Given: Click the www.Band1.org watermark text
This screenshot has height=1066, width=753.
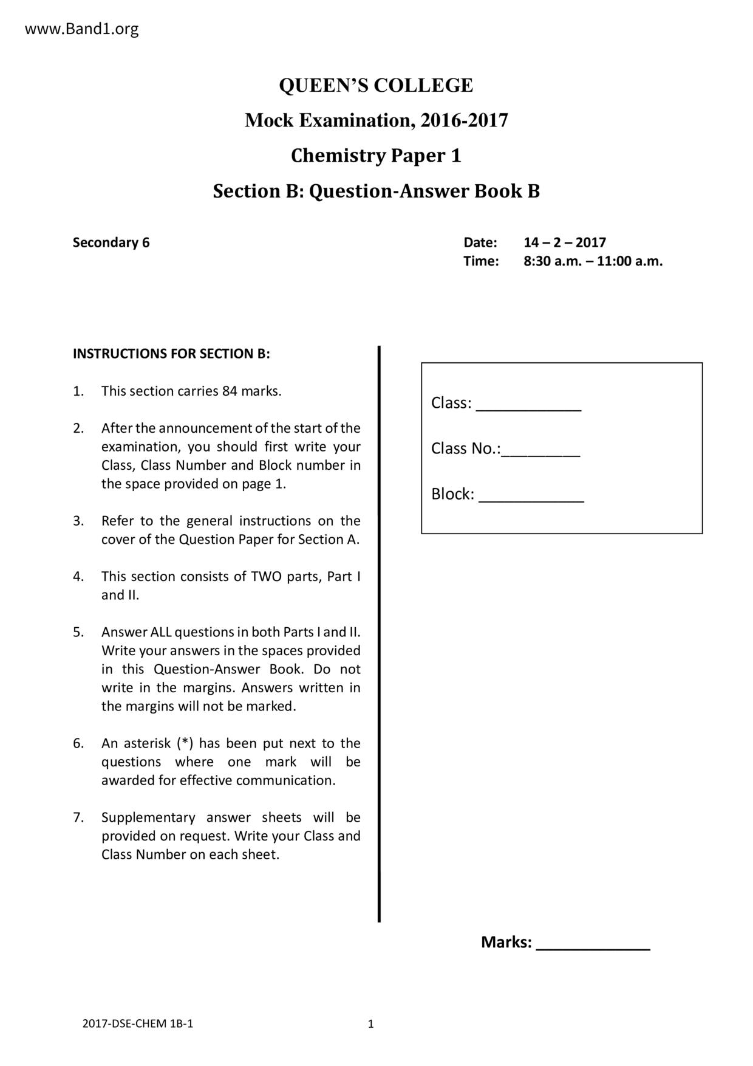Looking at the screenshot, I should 81,29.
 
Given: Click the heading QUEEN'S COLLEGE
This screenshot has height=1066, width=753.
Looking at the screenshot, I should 376,85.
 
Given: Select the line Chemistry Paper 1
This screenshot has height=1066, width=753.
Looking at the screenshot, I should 376,156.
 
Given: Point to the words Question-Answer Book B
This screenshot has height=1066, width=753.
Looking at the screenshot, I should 424,191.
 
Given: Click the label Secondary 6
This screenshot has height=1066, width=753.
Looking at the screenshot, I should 111,242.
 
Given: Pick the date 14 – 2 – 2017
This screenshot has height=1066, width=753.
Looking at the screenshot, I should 565,242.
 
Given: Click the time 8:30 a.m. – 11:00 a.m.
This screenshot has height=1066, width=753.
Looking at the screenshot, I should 593,261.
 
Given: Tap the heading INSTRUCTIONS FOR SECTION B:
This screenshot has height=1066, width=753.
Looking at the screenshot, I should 171,354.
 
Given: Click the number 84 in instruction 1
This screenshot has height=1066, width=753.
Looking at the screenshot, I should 230,391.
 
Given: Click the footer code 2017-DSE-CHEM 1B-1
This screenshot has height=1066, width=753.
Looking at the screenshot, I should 137,1023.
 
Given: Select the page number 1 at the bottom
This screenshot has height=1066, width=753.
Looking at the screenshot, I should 371,1024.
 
